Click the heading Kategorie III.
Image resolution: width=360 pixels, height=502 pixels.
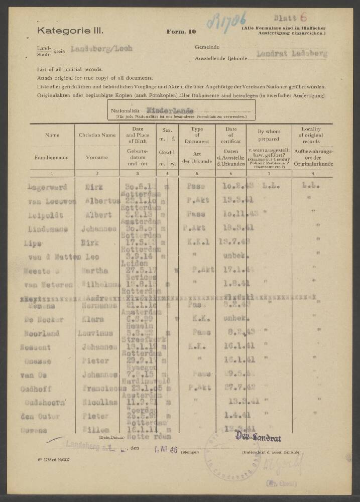[x=70, y=31]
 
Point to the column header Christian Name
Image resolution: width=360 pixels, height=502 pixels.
[x=97, y=135]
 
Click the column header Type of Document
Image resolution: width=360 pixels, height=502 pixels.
[x=197, y=135]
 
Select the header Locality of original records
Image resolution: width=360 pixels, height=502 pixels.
[x=315, y=135]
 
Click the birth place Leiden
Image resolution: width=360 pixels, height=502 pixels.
[x=134, y=262]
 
